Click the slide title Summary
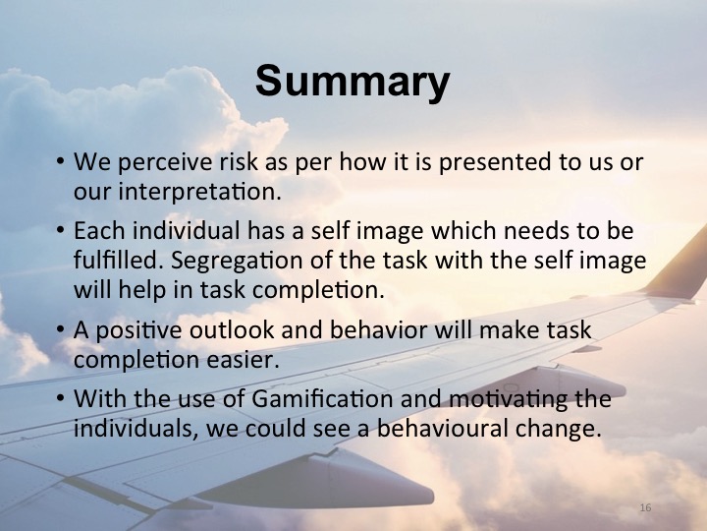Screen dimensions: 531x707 click(x=353, y=83)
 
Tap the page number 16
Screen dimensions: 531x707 click(x=645, y=507)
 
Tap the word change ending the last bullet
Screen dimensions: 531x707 click(x=561, y=429)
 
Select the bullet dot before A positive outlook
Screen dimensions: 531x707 click(x=61, y=330)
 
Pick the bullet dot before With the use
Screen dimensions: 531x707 click(x=61, y=401)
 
